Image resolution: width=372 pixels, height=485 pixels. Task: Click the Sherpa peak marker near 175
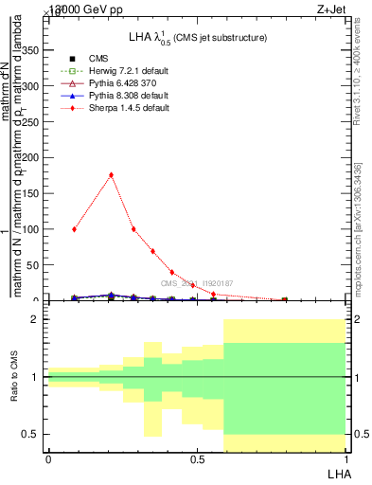pos(112,174)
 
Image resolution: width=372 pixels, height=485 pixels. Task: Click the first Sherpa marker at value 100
pos(74,229)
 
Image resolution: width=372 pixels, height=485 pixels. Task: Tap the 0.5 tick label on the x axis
pos(196,459)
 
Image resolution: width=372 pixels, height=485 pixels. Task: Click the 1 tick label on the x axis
pos(345,459)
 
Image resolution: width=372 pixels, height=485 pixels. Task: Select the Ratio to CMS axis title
pos(14,377)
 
